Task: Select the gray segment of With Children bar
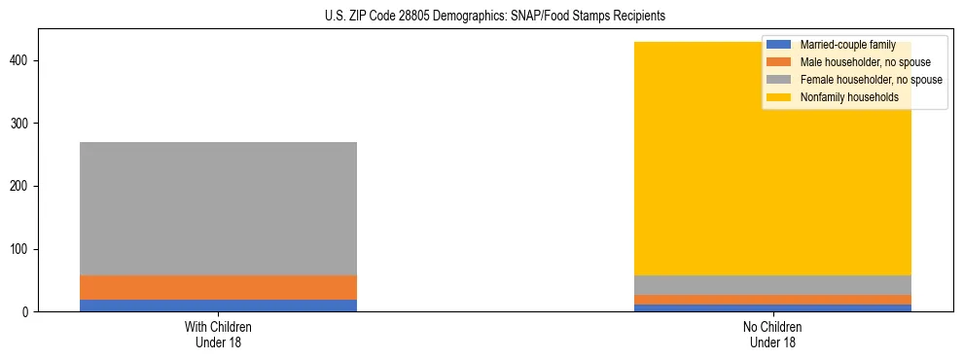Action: coord(218,208)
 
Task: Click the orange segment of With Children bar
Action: coord(218,287)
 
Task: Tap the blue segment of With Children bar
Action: coord(218,306)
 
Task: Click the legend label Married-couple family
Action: coord(847,45)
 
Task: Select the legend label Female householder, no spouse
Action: coord(871,80)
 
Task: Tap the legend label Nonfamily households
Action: coord(849,97)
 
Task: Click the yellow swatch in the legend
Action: coord(779,97)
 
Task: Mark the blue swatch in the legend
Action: coord(779,45)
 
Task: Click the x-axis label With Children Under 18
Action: coord(218,334)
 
